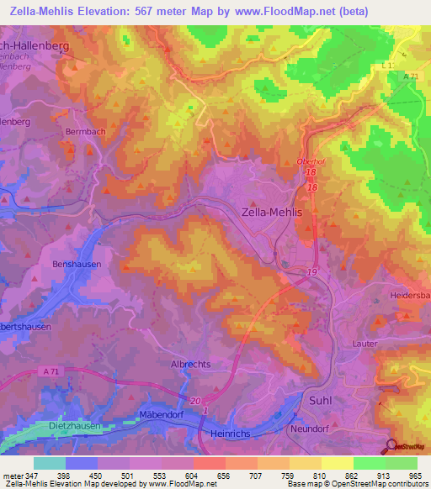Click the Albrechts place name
pyautogui.click(x=190, y=364)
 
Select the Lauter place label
pyautogui.click(x=365, y=344)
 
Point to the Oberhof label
pyautogui.click(x=311, y=162)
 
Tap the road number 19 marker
pyautogui.click(x=311, y=273)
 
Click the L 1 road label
pyautogui.click(x=387, y=65)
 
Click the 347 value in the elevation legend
pyautogui.click(x=28, y=476)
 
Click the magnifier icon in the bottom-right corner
pyautogui.click(x=392, y=447)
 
